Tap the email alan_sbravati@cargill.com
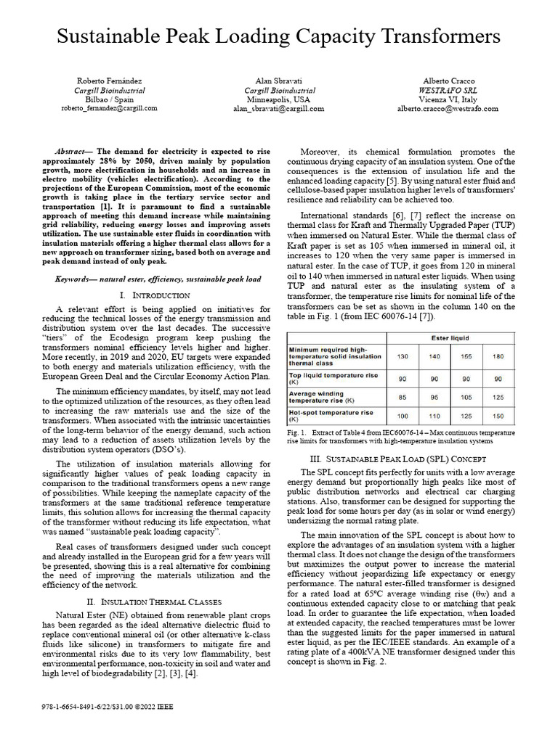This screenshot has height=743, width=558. (x=278, y=108)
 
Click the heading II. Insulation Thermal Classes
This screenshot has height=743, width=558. (x=153, y=602)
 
